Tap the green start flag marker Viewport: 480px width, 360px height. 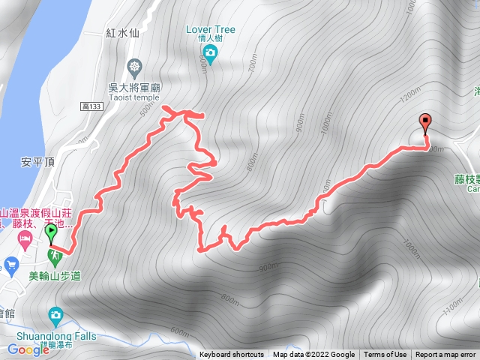pyautogui.click(x=51, y=233)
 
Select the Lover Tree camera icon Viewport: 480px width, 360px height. pyautogui.click(x=210, y=52)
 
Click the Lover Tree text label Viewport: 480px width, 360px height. pyautogui.click(x=211, y=30)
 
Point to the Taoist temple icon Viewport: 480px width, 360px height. pyautogui.click(x=134, y=66)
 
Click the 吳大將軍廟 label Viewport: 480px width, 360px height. pyautogui.click(x=135, y=86)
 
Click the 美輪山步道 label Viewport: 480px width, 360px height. pyautogui.click(x=54, y=276)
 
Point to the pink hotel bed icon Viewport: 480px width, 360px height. pyautogui.click(x=25, y=239)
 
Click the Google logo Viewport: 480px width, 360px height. pyautogui.click(x=28, y=349)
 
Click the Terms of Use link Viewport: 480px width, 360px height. pyautogui.click(x=385, y=355)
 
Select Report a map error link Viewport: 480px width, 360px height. pyautogui.click(x=445, y=355)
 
